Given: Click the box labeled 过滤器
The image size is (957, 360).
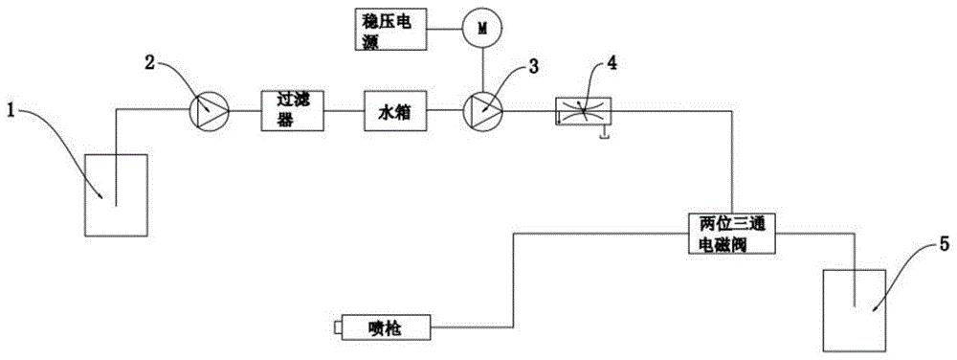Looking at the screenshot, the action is point(292,110).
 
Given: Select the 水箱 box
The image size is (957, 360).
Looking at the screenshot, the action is point(395,110).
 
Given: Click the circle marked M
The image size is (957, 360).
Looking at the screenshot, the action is point(482,30).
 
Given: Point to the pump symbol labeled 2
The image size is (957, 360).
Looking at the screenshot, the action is point(209,110).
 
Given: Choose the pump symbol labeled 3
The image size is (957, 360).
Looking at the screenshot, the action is point(482,110).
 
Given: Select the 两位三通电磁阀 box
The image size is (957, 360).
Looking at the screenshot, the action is point(729,233).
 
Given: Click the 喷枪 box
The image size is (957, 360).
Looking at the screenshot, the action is point(387,328).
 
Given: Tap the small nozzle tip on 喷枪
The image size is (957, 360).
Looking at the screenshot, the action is point(338,328).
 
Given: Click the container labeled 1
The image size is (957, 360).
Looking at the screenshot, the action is point(116,195).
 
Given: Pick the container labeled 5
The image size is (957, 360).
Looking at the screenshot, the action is point(855,310).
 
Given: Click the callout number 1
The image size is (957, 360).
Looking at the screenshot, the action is point(10,110).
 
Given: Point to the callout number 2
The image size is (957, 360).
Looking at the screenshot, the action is point(149,61).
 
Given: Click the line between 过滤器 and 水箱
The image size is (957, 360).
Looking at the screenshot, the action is point(344,110).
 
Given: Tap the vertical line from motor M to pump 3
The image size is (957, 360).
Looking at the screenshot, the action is point(482,70).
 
